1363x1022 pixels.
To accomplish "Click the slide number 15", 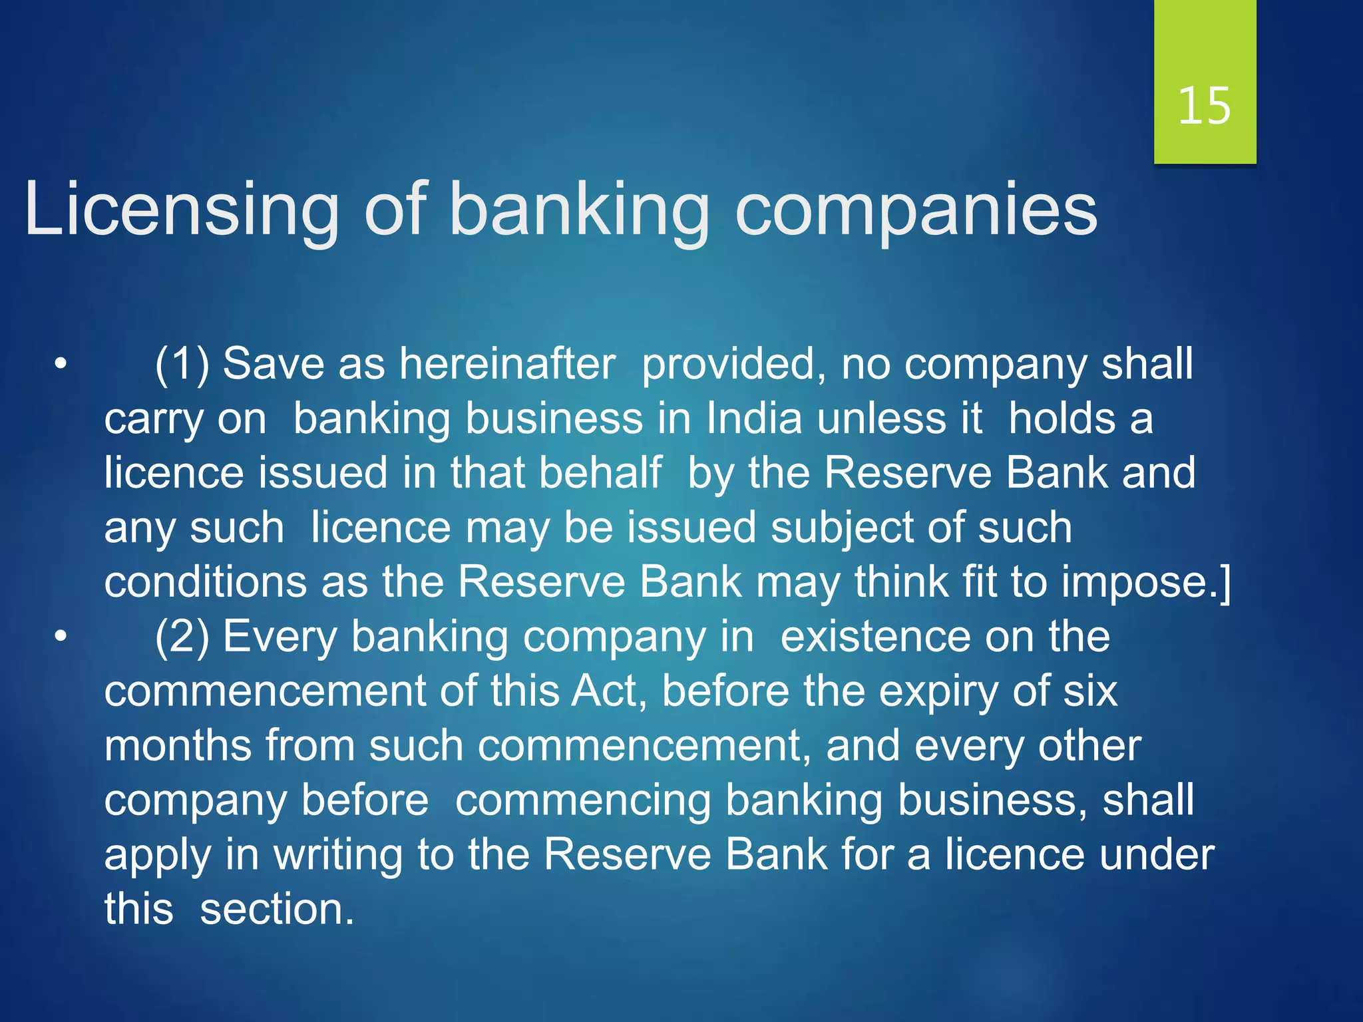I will click(1204, 106).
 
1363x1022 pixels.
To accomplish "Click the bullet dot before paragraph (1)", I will click(61, 365).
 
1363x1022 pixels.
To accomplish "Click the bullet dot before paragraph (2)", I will click(61, 637).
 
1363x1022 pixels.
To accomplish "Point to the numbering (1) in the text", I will click(182, 365).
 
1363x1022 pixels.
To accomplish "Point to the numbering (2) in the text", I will click(182, 637).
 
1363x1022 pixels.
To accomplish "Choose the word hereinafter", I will click(507, 365).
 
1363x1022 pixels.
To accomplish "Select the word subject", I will click(843, 528).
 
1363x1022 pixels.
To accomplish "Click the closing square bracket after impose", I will click(1225, 583).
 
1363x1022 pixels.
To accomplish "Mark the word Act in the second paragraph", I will click(608, 691).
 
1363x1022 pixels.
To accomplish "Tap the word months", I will click(178, 746).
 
